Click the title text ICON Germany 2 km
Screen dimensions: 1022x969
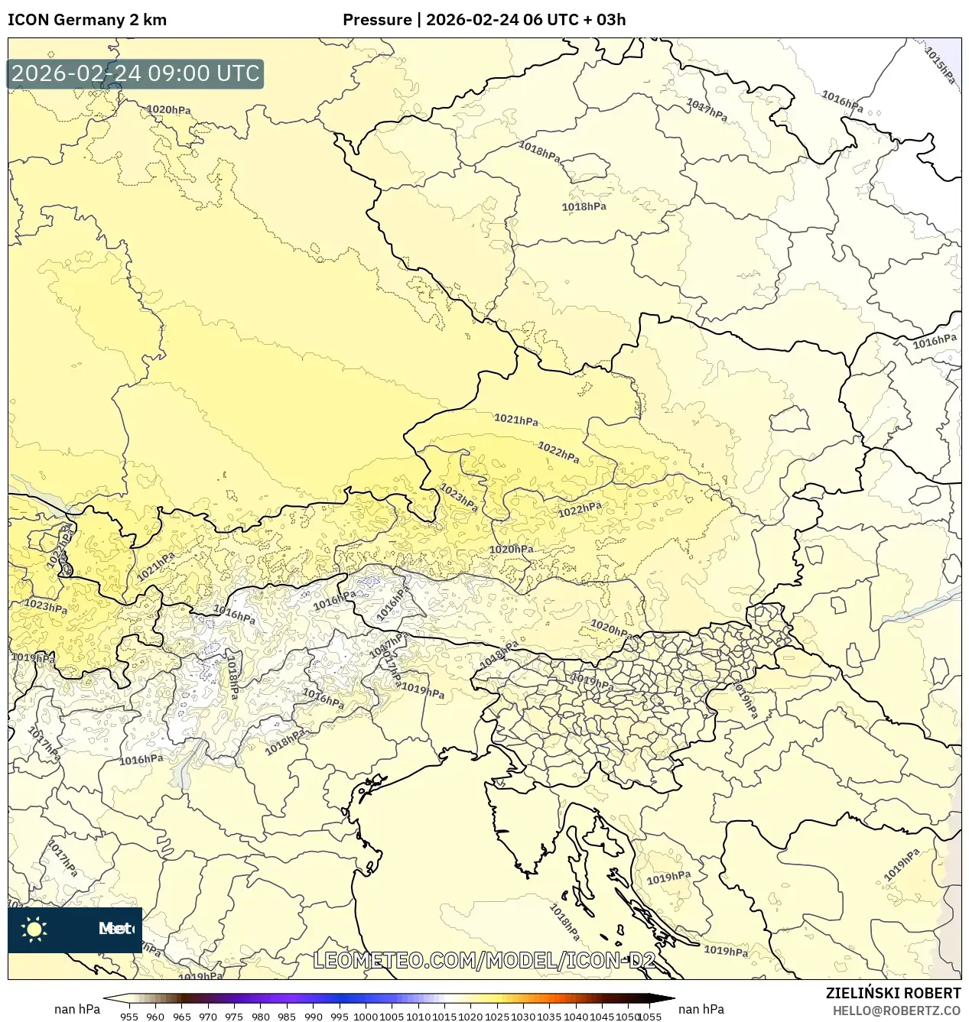click(86, 20)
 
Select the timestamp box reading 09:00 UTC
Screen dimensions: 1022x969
click(135, 74)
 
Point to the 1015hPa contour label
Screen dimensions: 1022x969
click(940, 65)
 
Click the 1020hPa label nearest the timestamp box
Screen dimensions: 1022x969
click(168, 109)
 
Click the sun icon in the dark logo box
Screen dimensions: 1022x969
click(34, 929)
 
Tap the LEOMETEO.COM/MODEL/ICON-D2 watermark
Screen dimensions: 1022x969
click(484, 960)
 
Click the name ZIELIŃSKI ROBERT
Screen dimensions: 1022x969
click(893, 993)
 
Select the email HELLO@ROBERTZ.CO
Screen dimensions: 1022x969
click(896, 1011)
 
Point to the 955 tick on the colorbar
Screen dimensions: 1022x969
click(129, 1016)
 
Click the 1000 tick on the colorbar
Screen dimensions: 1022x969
click(366, 1016)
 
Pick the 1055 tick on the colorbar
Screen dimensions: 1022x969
click(649, 1016)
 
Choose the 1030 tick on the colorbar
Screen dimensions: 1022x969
click(523, 1016)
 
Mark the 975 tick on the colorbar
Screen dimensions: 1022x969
click(234, 1016)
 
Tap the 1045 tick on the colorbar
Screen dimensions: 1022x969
click(602, 1016)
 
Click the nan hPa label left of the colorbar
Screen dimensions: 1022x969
click(76, 1009)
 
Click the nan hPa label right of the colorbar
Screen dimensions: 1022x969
click(701, 1009)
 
